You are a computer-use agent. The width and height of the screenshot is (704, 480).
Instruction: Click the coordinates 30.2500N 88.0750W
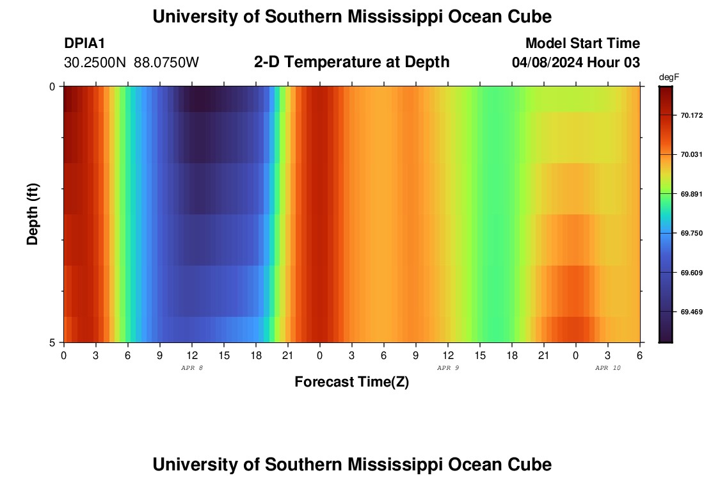click(131, 63)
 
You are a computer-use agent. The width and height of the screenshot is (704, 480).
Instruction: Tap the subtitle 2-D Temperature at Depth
click(351, 62)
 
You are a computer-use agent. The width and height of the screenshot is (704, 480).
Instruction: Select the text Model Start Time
click(582, 44)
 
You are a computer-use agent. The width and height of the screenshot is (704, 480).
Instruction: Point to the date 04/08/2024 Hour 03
click(576, 63)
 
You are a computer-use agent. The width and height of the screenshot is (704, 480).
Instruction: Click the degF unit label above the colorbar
click(669, 77)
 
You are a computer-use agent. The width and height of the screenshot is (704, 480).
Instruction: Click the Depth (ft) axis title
click(33, 214)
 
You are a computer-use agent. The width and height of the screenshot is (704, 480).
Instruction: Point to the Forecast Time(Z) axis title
click(351, 382)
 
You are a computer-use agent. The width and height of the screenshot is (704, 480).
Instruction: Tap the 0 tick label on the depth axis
click(52, 86)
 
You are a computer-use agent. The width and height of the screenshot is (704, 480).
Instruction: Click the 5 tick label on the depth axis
click(52, 342)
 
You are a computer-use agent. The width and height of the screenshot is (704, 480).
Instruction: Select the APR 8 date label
click(192, 368)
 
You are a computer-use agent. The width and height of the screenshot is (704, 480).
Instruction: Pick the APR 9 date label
click(448, 368)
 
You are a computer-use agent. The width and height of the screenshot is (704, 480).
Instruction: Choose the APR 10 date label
click(608, 368)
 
